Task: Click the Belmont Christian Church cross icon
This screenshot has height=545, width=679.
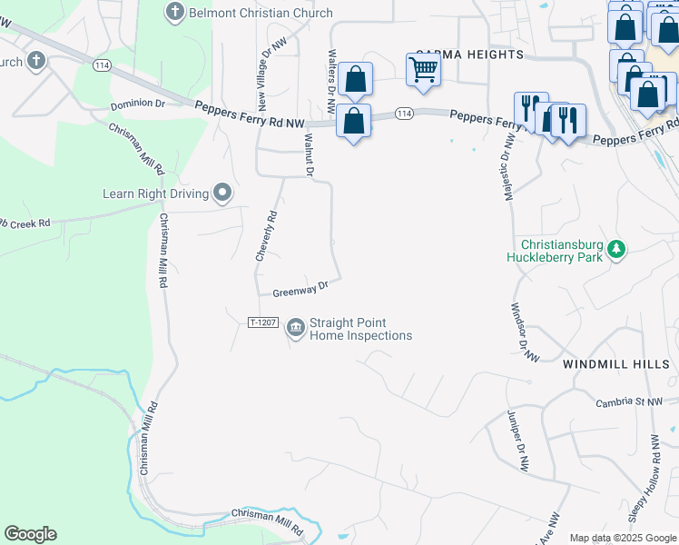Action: coord(174,13)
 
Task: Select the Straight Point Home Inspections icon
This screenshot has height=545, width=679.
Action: coord(296,328)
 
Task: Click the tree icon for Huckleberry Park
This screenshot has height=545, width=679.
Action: coord(617,249)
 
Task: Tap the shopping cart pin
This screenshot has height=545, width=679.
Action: coord(424,69)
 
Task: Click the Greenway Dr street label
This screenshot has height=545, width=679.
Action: coord(299,289)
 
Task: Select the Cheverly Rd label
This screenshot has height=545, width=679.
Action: coord(265,236)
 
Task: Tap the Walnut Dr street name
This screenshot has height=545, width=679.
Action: coord(309,154)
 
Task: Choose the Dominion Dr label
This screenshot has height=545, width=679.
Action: coord(138,104)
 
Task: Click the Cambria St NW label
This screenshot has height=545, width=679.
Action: coord(629,401)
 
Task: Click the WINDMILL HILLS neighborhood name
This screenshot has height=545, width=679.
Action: coord(616,363)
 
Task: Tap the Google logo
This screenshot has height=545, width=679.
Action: coord(30,534)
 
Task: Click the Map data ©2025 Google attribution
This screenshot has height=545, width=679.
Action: coord(623,538)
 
